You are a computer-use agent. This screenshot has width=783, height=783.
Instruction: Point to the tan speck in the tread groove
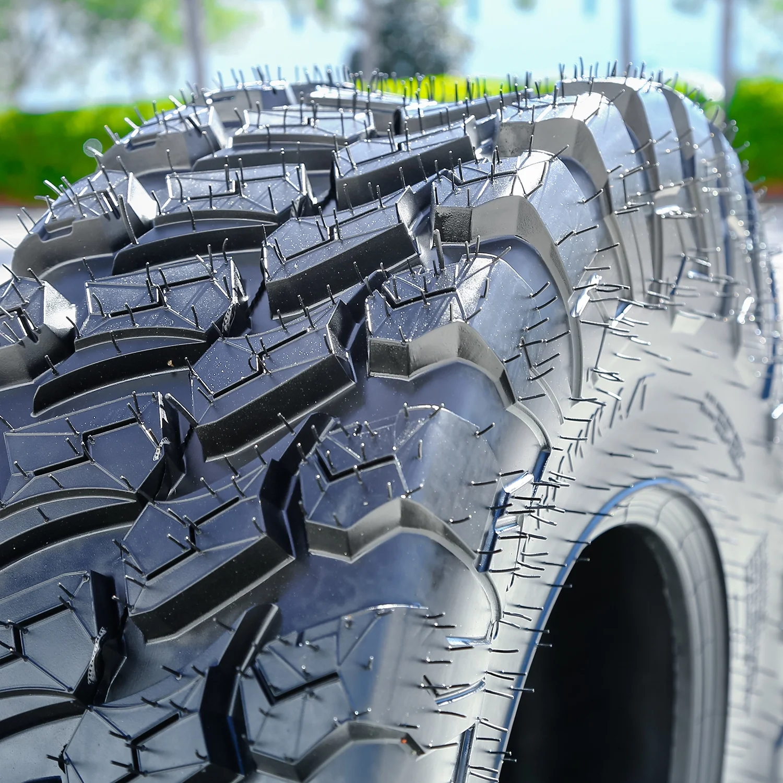click(x=169, y=362)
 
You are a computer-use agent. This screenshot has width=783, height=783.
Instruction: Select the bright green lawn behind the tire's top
click(x=444, y=84)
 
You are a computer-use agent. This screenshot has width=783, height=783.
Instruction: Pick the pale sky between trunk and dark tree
click(x=287, y=42)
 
